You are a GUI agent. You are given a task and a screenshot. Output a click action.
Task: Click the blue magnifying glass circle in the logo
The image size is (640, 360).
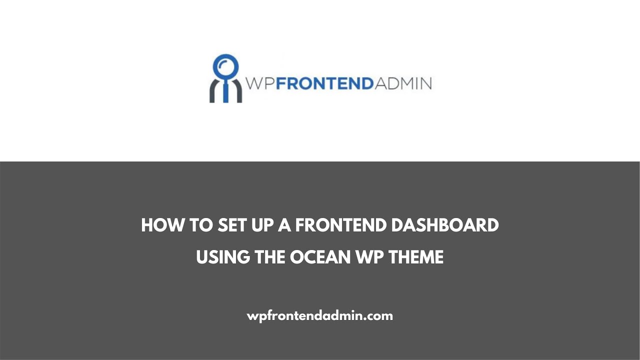[225, 66]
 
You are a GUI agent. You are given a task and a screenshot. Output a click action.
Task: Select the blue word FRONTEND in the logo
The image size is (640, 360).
[324, 83]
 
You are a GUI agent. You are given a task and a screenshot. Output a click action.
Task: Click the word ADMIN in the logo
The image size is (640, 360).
[403, 83]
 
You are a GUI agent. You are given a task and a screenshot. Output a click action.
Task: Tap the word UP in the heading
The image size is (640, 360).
[264, 225]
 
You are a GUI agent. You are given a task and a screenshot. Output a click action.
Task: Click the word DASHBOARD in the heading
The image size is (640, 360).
[445, 225]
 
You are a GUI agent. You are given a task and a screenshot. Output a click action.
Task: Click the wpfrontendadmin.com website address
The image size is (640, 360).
[320, 316]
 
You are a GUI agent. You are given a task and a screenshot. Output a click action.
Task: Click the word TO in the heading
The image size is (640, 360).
[200, 225]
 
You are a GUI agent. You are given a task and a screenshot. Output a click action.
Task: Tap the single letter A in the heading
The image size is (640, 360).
[284, 225]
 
